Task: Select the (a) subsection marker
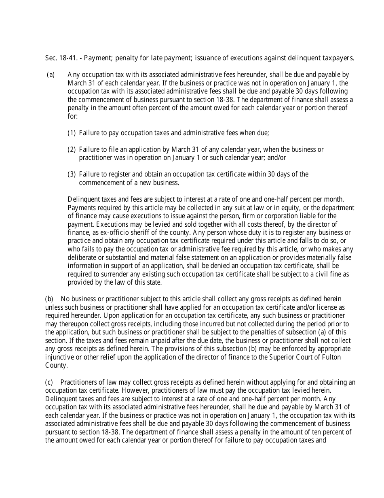51,74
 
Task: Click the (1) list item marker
72,132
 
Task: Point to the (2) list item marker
72,149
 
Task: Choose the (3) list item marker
72,174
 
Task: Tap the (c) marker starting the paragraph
49,382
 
